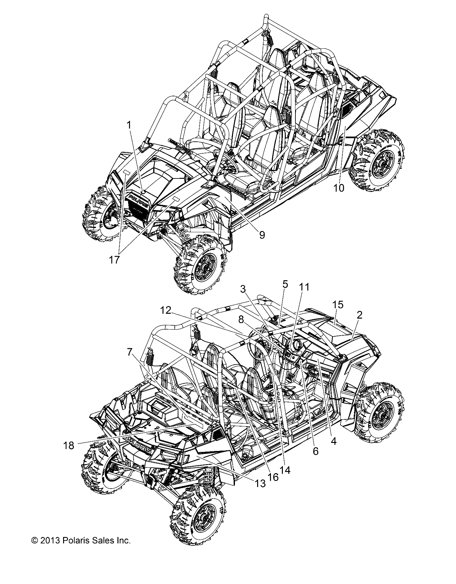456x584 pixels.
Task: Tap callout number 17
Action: click(114, 260)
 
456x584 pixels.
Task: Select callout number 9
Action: click(262, 235)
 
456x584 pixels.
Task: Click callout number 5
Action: click(285, 284)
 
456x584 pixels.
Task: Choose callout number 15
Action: click(338, 304)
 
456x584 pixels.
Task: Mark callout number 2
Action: click(359, 315)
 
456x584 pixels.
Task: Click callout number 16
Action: click(273, 477)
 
